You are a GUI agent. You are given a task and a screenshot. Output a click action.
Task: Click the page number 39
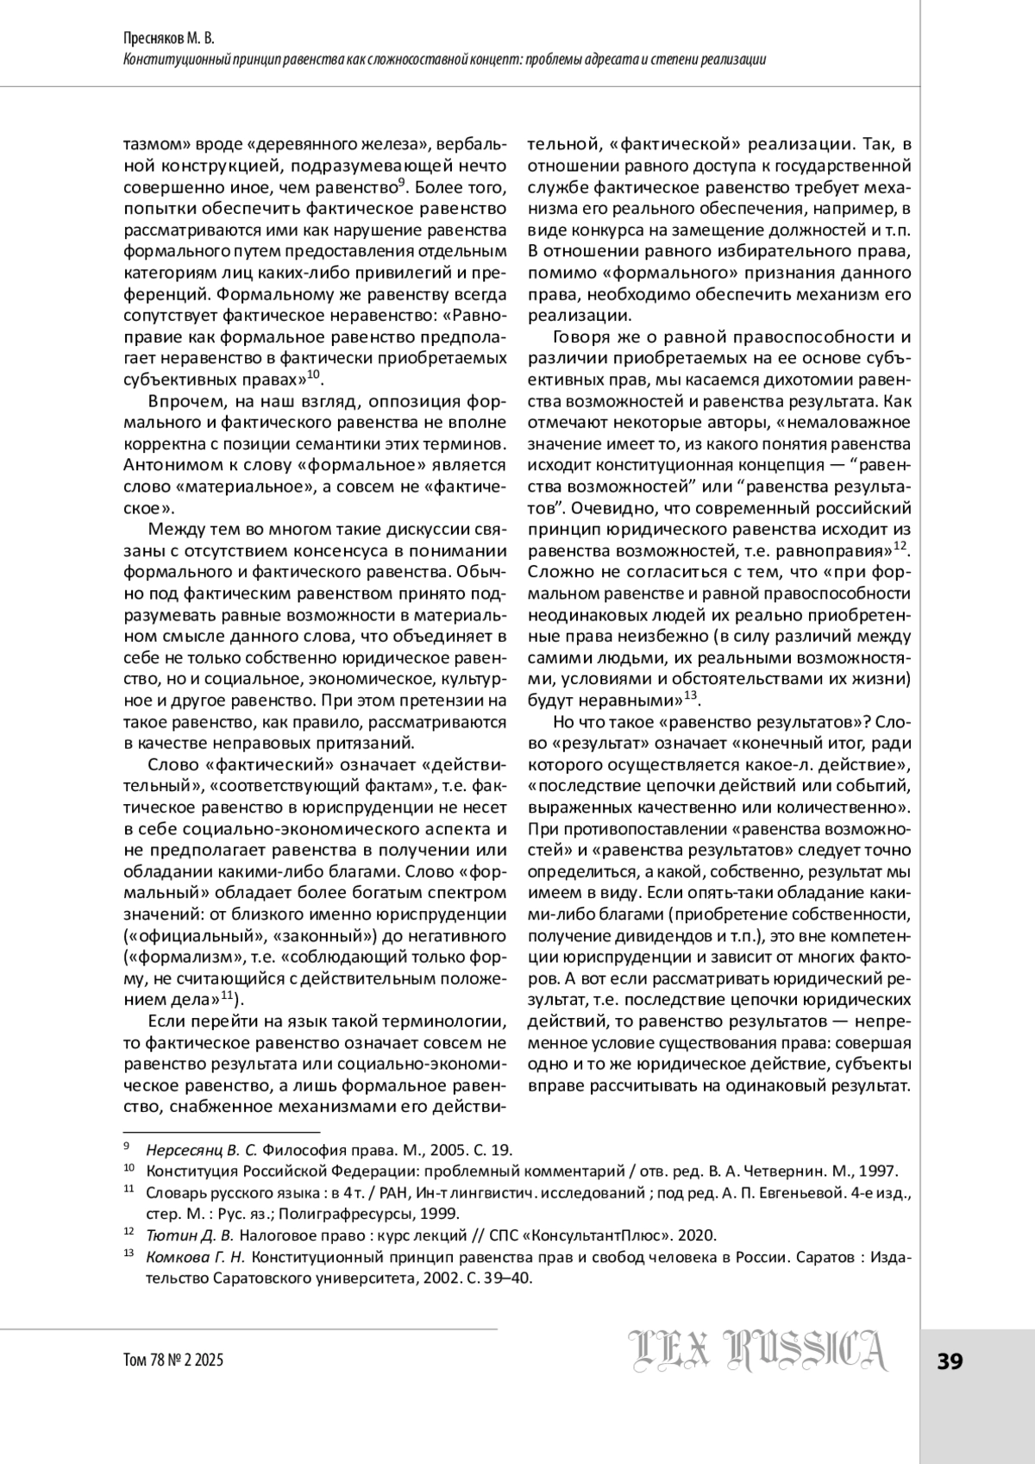pos(950,1361)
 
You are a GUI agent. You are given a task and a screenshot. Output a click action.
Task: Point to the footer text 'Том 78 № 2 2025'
pos(173,1360)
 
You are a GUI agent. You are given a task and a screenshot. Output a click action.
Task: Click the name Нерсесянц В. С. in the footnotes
pos(202,1150)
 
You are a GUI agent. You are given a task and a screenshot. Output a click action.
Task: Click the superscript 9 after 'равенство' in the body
pos(401,182)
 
